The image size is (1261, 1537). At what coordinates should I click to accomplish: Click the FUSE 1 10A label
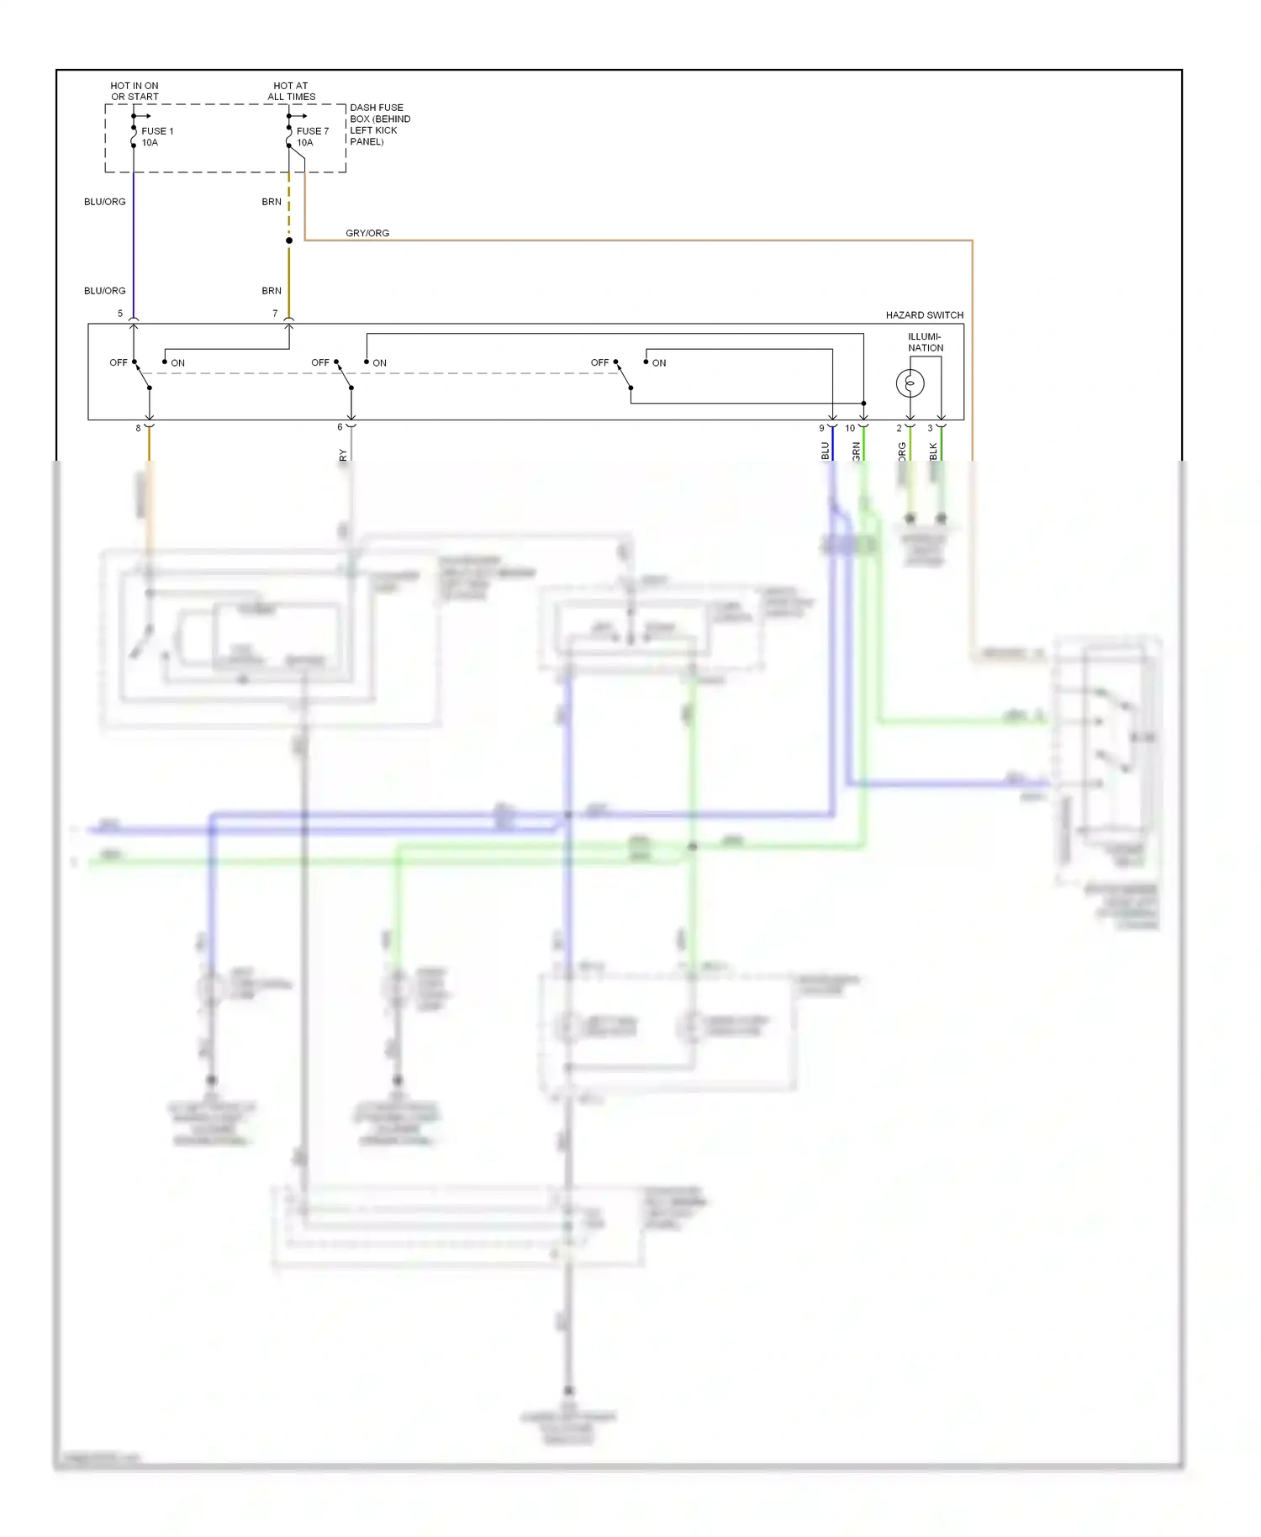[x=156, y=137]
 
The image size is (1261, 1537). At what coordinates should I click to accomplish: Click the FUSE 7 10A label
[x=312, y=137]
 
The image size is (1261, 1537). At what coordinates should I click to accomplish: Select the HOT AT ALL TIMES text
[x=291, y=92]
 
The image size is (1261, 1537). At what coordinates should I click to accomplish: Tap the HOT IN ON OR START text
[x=135, y=92]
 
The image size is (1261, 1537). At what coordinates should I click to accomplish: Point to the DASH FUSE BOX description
[x=379, y=124]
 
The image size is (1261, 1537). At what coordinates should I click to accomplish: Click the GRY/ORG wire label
[x=367, y=233]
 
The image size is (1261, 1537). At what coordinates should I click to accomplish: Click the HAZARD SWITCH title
[x=924, y=315]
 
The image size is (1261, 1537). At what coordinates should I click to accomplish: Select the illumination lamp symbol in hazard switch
[x=910, y=383]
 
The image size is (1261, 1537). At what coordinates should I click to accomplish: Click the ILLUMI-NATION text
[x=925, y=342]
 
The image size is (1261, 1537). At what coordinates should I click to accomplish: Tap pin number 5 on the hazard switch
[x=120, y=314]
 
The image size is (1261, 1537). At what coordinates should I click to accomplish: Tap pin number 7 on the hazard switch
[x=275, y=314]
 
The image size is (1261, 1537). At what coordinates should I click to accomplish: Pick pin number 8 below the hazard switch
[x=139, y=428]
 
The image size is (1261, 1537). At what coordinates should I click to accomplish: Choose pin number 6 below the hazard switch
[x=340, y=427]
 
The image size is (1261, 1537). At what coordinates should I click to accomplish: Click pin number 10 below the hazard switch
[x=850, y=428]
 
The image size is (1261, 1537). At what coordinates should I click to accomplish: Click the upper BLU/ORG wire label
[x=105, y=202]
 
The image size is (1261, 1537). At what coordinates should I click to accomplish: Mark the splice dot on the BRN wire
[x=289, y=240]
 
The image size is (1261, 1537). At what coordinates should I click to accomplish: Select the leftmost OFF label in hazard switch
[x=118, y=363]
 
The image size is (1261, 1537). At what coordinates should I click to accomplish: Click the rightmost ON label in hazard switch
[x=659, y=363]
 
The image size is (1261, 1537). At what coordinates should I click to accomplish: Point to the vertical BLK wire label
[x=933, y=451]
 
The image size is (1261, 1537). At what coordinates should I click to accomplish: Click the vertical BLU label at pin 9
[x=825, y=451]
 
